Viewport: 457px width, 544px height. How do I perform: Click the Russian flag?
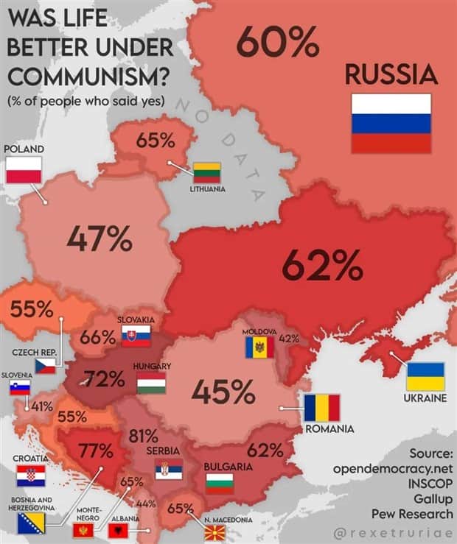pyautogui.click(x=391, y=124)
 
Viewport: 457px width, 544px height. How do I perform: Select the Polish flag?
pyautogui.click(x=24, y=170)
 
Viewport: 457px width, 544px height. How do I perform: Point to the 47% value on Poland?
pyautogui.click(x=100, y=238)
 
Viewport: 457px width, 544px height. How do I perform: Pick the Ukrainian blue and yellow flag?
pyautogui.click(x=426, y=376)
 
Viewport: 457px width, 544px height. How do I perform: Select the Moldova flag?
pyautogui.click(x=259, y=347)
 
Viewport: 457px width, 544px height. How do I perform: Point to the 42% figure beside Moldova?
pyautogui.click(x=289, y=339)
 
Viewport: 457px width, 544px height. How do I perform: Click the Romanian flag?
pyautogui.click(x=322, y=408)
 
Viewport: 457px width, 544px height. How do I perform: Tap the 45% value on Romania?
pyautogui.click(x=223, y=392)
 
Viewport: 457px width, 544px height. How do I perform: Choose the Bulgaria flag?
pyautogui.click(x=220, y=483)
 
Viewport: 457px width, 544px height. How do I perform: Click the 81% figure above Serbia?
pyautogui.click(x=143, y=435)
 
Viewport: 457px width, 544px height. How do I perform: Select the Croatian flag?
pyautogui.click(x=31, y=476)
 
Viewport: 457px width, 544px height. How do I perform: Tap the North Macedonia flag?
pyautogui.click(x=214, y=531)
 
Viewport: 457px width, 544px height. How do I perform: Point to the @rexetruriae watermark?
pyautogui.click(x=394, y=530)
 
